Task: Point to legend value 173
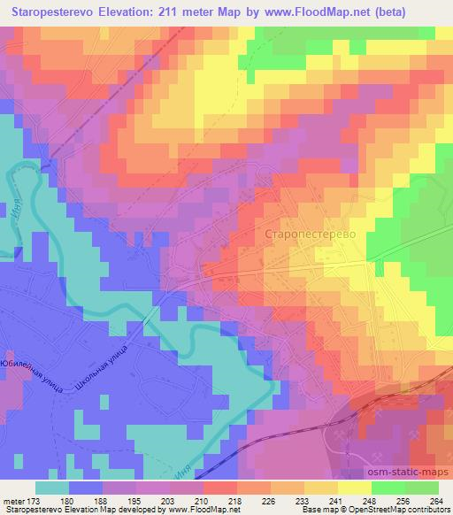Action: click(x=36, y=499)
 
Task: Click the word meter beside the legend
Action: click(x=13, y=499)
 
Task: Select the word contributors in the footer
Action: click(x=426, y=510)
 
